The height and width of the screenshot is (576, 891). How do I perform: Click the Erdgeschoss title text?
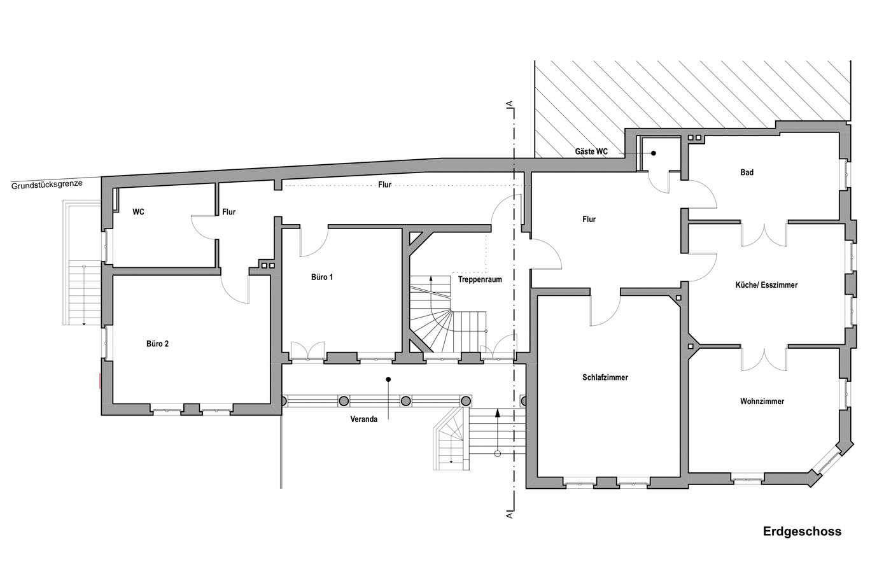click(x=802, y=532)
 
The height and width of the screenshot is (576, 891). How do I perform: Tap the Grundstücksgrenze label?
click(x=47, y=185)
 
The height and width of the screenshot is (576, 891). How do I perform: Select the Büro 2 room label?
click(x=158, y=344)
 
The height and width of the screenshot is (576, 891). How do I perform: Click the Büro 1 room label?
click(x=322, y=277)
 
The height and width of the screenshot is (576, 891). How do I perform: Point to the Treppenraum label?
click(x=480, y=279)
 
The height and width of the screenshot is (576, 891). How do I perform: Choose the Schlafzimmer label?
click(x=605, y=377)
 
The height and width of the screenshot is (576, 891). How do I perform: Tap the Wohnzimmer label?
click(x=762, y=402)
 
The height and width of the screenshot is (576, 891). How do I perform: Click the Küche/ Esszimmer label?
click(x=766, y=285)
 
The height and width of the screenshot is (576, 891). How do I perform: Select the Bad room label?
click(x=747, y=172)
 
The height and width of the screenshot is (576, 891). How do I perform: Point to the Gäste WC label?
click(x=591, y=151)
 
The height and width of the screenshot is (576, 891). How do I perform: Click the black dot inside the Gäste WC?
click(x=653, y=153)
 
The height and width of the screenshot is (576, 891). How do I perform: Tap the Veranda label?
click(x=363, y=419)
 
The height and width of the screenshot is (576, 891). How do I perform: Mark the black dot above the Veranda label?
click(x=388, y=379)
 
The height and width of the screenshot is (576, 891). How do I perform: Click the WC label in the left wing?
click(x=138, y=212)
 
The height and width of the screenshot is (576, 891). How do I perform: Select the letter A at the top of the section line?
click(x=509, y=104)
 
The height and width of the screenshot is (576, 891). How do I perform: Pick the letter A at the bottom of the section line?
click(x=509, y=515)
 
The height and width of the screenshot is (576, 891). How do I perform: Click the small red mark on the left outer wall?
click(x=100, y=381)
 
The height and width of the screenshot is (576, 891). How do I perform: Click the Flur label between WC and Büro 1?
click(x=228, y=212)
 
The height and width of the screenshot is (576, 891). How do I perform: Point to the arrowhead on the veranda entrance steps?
click(x=497, y=412)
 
